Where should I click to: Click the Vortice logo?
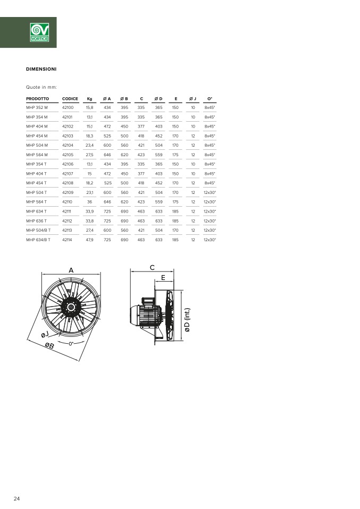click(39, 32)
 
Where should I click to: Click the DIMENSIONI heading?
click(41, 69)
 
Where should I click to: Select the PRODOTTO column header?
click(38, 99)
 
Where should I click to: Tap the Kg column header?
click(90, 99)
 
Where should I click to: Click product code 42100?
click(68, 107)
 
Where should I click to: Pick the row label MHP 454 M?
click(37, 136)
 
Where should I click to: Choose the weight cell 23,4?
click(90, 146)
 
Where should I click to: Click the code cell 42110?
click(67, 202)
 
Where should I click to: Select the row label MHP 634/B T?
click(38, 240)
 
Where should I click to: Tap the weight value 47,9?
click(90, 240)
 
